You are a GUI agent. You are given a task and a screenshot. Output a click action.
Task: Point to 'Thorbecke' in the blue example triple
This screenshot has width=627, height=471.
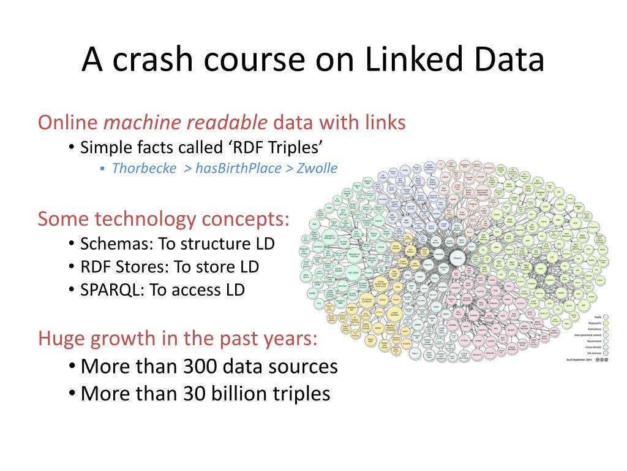145,168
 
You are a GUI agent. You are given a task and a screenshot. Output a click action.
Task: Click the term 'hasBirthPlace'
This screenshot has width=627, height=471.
238,168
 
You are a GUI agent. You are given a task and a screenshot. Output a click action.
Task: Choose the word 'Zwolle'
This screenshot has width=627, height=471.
317,168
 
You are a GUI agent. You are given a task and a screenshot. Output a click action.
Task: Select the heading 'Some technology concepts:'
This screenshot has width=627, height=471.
163,218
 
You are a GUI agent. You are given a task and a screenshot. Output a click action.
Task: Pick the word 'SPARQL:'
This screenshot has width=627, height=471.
112,289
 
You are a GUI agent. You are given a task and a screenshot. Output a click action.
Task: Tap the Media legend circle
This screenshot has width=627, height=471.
606,318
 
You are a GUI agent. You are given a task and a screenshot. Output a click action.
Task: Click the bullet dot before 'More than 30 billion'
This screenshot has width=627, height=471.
72,393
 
